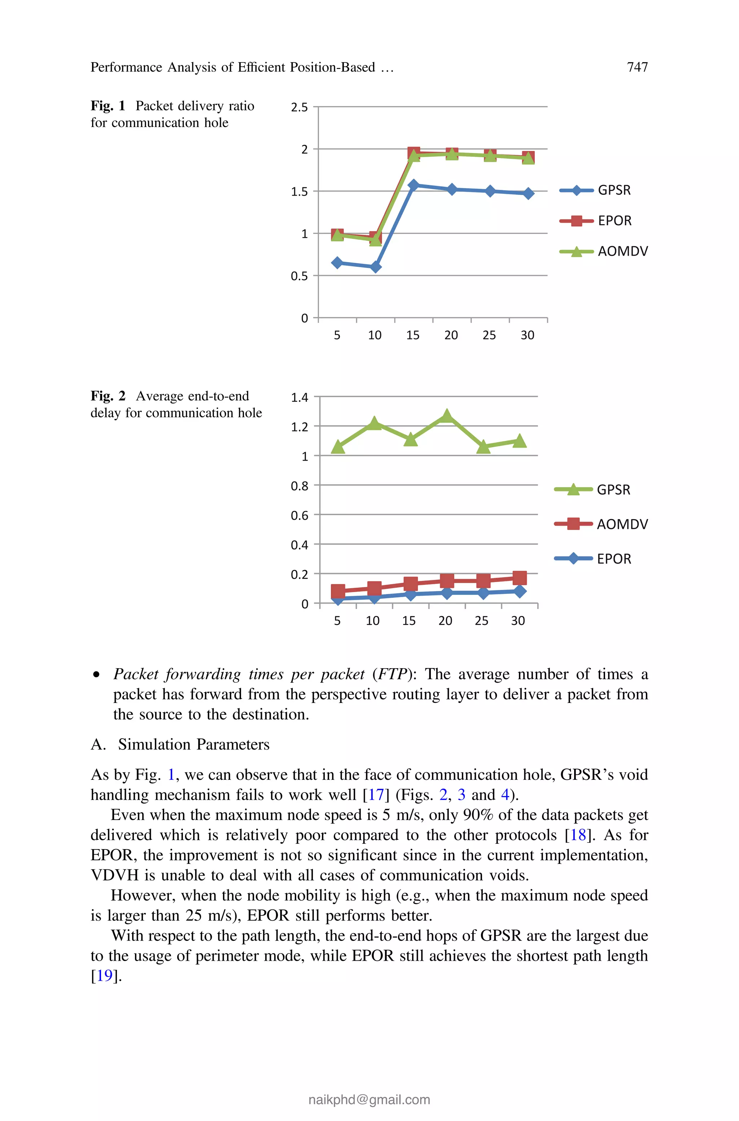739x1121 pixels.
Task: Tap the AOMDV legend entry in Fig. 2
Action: [622, 524]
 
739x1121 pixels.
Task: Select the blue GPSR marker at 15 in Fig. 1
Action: [413, 185]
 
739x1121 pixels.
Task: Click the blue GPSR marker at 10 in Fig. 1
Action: [375, 267]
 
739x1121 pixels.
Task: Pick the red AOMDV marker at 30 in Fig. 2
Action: [519, 578]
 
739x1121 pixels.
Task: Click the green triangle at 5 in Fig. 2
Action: [337, 447]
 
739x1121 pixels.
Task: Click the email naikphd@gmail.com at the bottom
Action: [369, 1099]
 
